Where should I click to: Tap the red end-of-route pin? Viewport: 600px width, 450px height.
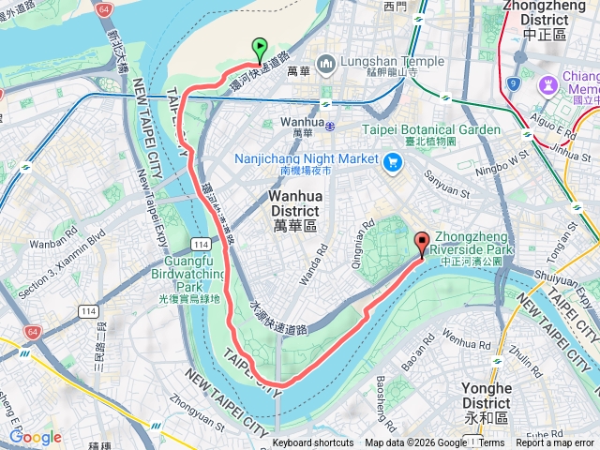[x=421, y=243]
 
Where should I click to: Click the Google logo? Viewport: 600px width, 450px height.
[x=35, y=437]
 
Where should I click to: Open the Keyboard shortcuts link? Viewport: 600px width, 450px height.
[x=313, y=443]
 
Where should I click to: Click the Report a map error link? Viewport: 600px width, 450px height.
[x=555, y=443]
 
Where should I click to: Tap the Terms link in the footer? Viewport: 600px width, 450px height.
[x=492, y=443]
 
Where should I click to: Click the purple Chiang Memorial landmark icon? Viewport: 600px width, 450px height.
[x=545, y=84]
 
